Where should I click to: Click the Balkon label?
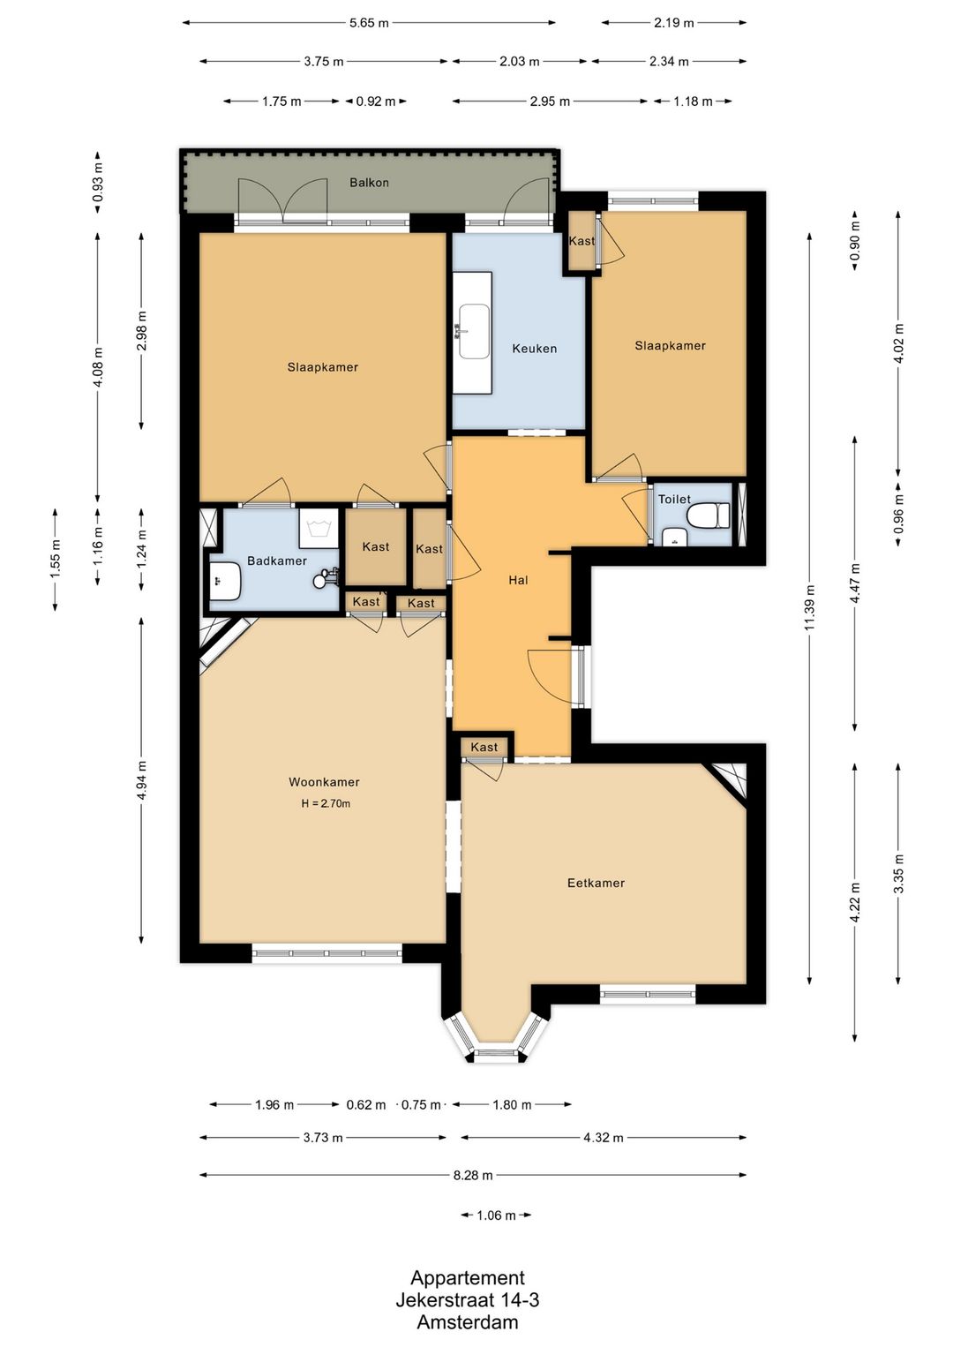tap(369, 182)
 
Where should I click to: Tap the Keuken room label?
tap(535, 348)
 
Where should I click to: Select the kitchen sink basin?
tap(475, 331)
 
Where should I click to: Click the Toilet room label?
tap(674, 499)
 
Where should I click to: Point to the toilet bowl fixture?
tap(709, 516)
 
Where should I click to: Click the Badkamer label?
tap(277, 561)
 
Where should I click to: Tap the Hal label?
tap(518, 580)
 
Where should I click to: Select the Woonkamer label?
tap(324, 782)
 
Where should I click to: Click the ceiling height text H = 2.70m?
tap(326, 802)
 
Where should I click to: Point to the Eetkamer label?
tap(596, 883)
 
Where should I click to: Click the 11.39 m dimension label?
tap(810, 608)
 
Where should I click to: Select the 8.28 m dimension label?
tap(473, 1175)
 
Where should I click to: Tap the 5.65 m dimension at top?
tap(369, 24)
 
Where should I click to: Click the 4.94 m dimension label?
tap(142, 781)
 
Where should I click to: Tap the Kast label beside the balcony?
tap(582, 240)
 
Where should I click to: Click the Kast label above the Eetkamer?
tap(484, 747)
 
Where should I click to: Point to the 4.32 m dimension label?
tap(603, 1137)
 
